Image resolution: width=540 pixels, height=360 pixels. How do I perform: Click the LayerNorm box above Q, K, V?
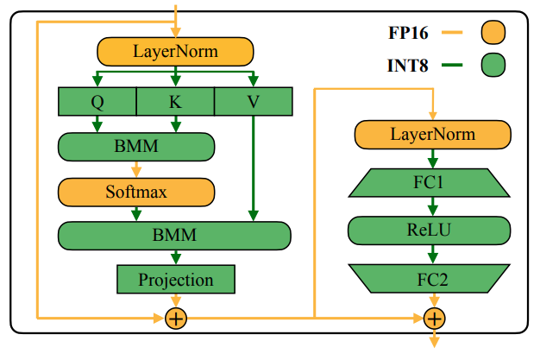coord(175,52)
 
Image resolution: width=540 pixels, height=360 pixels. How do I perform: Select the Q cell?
coord(97,102)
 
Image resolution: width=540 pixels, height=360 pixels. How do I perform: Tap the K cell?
coord(175,102)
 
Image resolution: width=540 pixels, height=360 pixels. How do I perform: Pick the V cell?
coord(253,102)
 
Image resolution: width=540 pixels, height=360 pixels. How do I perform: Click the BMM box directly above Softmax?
coord(135,146)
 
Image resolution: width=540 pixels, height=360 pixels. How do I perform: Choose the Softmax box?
coord(135,191)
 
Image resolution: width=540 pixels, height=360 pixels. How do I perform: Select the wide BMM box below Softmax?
coord(174,235)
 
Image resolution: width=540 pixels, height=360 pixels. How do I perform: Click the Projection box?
coord(175,280)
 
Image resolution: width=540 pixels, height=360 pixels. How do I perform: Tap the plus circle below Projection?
coord(175,319)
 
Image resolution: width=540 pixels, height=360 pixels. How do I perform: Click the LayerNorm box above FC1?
coord(433,135)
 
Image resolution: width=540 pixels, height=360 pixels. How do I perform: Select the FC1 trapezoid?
coord(433,182)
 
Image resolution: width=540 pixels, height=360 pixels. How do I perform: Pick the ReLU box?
coord(433,230)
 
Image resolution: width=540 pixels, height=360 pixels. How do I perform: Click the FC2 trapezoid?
coord(433,278)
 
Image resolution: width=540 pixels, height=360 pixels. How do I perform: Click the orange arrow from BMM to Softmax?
coord(135,168)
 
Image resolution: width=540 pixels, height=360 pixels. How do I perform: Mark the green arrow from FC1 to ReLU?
coord(433,206)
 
